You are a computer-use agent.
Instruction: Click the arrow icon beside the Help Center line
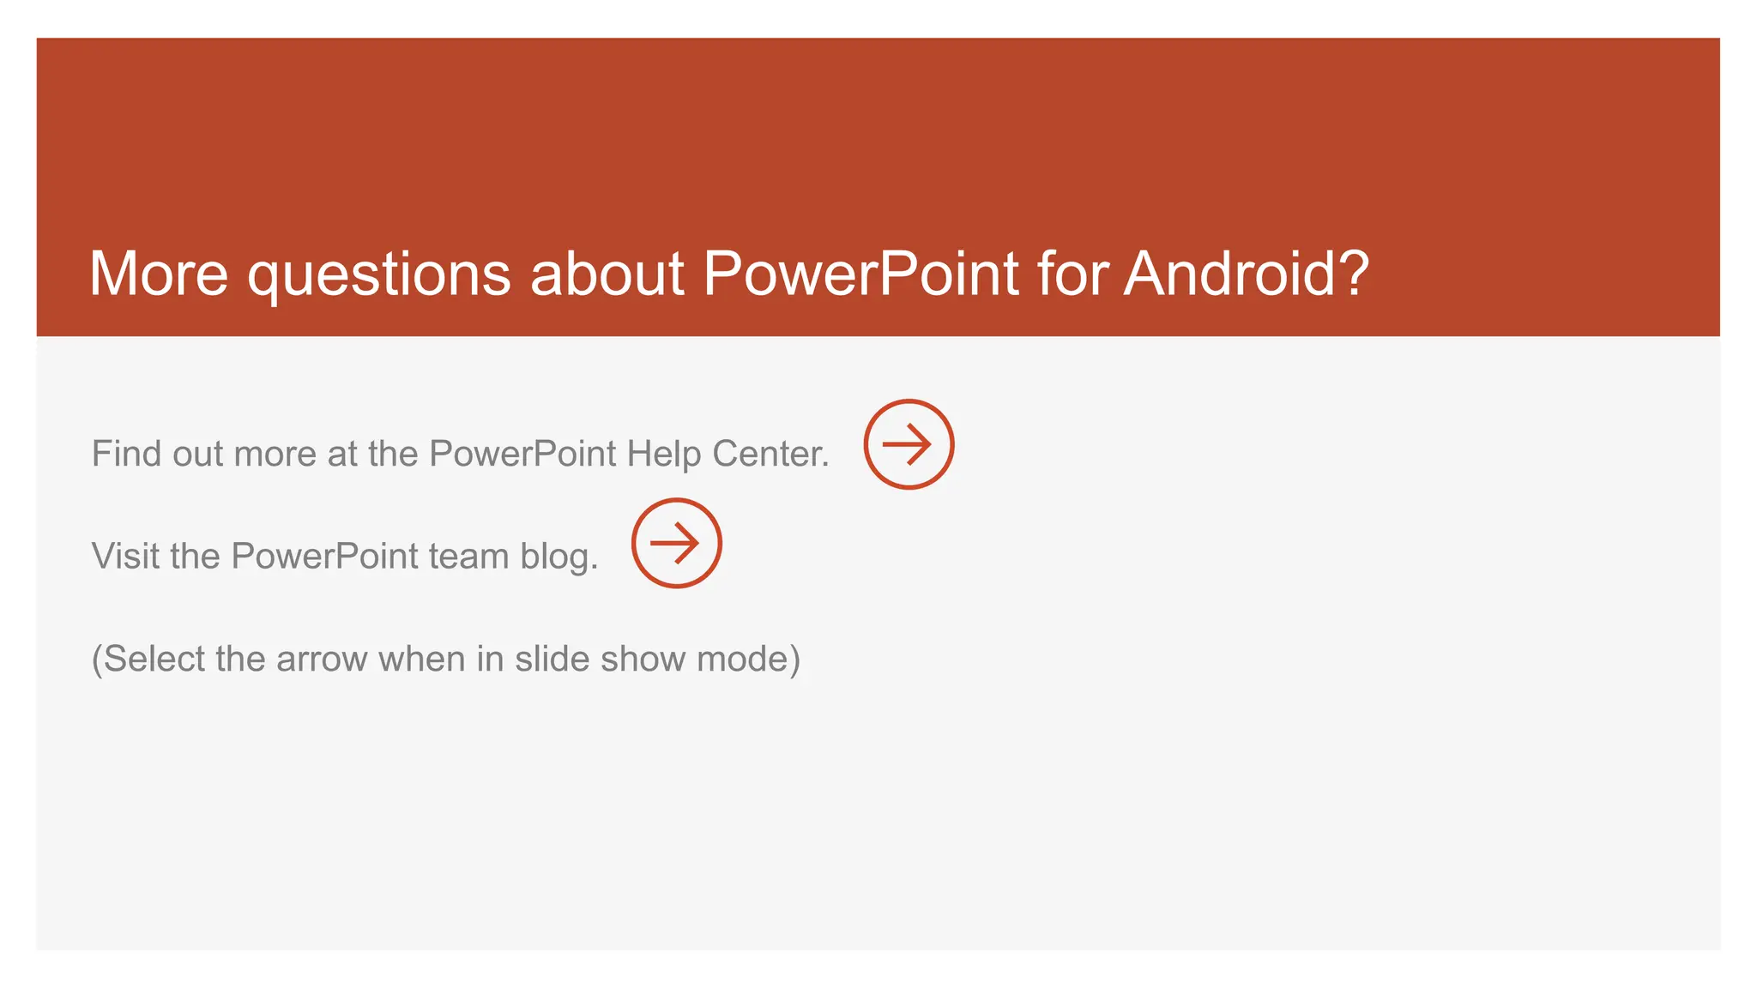(909, 444)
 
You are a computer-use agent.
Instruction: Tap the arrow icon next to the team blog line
(676, 543)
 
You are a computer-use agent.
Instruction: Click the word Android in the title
(1229, 274)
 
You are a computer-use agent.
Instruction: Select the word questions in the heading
(379, 276)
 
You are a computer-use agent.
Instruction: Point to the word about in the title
(607, 274)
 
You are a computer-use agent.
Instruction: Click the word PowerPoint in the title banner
(861, 274)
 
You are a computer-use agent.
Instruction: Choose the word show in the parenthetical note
(643, 659)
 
